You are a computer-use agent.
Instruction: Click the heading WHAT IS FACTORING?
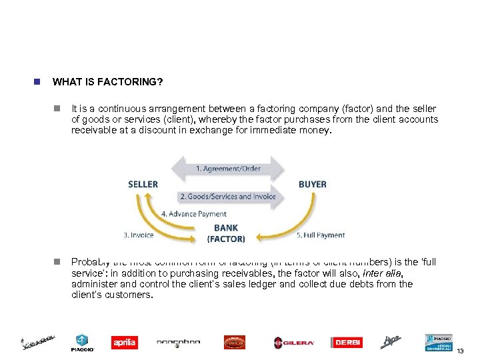(108, 82)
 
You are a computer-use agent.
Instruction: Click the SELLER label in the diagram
(143, 184)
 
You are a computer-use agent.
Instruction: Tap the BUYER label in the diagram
(312, 184)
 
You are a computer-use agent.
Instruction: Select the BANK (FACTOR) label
(226, 233)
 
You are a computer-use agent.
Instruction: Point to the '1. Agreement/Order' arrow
(228, 169)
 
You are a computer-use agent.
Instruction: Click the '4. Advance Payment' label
(194, 214)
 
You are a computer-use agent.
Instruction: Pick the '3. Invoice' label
(139, 235)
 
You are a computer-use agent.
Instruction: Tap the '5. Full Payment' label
(321, 235)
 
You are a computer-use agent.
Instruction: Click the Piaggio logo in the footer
(82, 343)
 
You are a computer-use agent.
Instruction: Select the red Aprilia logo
(125, 343)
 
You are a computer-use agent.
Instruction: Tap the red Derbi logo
(347, 343)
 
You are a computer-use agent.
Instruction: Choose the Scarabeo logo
(178, 343)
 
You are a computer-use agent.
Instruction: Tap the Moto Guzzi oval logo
(235, 343)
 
